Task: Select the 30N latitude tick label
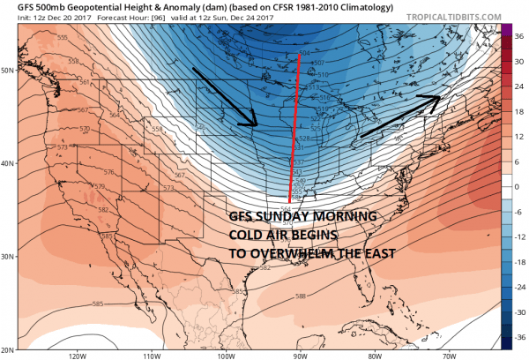point(9,257)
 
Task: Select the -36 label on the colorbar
point(518,336)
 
